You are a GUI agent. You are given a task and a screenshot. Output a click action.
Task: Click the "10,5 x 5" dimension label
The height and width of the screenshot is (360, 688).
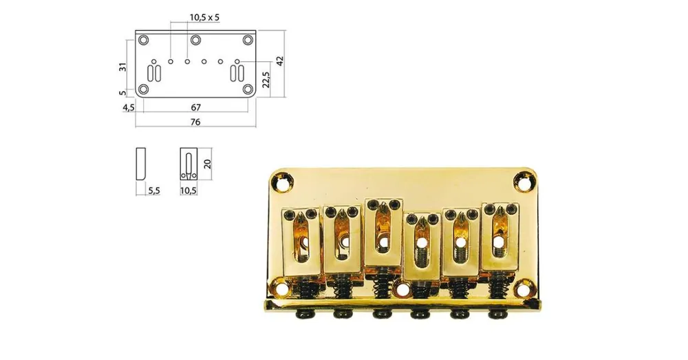pyautogui.click(x=204, y=18)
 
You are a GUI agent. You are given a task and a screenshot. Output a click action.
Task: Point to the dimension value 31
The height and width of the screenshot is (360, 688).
pyautogui.click(x=123, y=67)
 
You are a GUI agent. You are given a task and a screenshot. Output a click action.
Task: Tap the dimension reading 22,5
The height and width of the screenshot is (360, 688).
pyautogui.click(x=266, y=79)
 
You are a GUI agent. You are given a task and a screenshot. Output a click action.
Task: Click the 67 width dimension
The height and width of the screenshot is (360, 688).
pyautogui.click(x=195, y=107)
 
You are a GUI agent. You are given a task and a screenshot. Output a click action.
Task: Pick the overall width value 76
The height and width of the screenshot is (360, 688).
pyautogui.click(x=195, y=122)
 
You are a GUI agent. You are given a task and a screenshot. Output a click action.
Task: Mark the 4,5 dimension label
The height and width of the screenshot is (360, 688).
pyautogui.click(x=129, y=107)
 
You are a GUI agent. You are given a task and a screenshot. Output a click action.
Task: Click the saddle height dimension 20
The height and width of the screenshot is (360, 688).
pyautogui.click(x=208, y=164)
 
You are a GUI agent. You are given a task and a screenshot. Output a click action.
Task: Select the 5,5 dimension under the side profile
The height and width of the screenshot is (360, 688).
pyautogui.click(x=154, y=191)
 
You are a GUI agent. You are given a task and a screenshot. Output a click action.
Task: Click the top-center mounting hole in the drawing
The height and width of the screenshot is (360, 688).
pyautogui.click(x=195, y=40)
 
